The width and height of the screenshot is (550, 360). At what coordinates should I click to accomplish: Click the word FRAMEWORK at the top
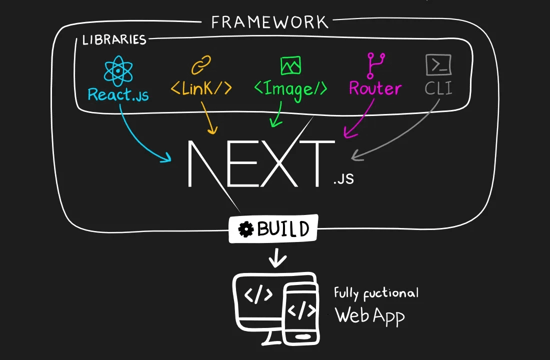coord(269,22)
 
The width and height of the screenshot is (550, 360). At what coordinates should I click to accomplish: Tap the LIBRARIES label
coord(114,40)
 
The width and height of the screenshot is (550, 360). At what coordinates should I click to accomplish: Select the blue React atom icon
coord(118,70)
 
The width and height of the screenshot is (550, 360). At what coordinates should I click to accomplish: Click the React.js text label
coord(118,94)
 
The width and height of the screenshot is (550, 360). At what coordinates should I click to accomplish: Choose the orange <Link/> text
coord(201,88)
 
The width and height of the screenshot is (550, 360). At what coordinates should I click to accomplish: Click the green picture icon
coord(290,65)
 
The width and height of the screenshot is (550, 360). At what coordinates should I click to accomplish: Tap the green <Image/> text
coord(290,89)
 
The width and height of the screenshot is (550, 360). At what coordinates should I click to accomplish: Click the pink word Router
coord(375,88)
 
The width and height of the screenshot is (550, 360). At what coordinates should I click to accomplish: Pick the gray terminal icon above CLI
coord(438,65)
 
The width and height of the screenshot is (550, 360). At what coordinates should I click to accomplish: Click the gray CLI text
coord(438,89)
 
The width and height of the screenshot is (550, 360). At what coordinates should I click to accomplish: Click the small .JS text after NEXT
coord(343,178)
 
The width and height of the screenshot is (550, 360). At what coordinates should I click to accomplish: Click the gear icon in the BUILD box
coord(245,229)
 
